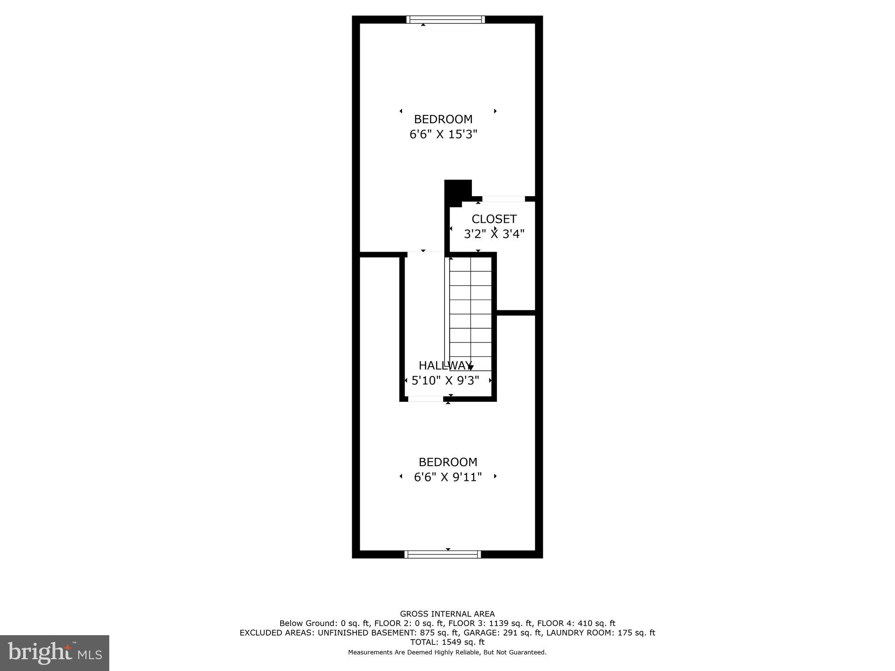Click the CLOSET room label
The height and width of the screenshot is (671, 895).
coord(494,219)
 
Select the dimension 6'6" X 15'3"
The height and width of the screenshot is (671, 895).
coord(443,134)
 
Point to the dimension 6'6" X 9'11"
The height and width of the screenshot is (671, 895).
coord(447,477)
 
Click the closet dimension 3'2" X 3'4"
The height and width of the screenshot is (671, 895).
coord(494,234)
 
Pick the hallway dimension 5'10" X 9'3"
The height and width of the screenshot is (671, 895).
coord(445,380)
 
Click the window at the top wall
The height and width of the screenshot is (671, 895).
coord(445,19)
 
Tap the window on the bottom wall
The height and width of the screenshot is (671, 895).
coord(443,554)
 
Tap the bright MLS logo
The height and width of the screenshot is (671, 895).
coord(55,653)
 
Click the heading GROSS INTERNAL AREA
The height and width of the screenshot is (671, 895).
coord(447,614)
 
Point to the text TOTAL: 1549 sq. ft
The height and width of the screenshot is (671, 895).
coord(447,642)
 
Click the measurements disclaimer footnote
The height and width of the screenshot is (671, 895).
coord(447,652)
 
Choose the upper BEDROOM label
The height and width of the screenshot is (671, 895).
coord(443,119)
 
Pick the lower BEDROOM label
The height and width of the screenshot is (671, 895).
coord(447,462)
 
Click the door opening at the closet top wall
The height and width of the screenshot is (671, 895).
coord(503,199)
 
